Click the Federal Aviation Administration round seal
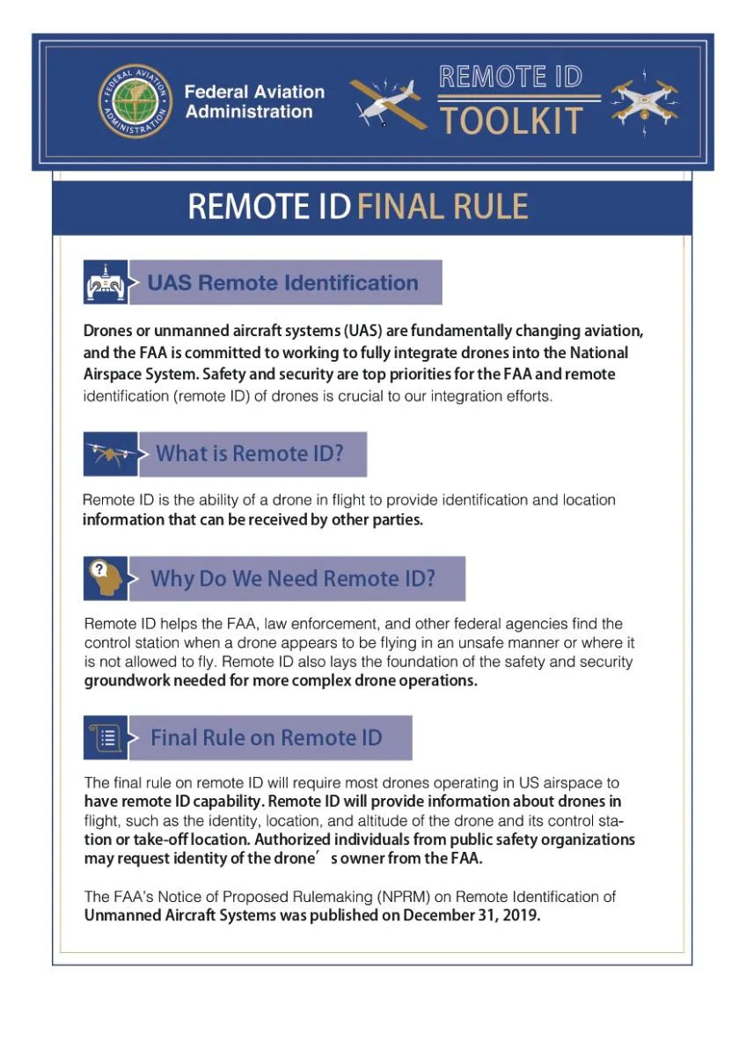[135, 102]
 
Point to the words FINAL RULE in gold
[443, 206]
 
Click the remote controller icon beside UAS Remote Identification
[104, 283]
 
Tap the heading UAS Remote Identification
[282, 283]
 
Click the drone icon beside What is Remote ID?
[110, 453]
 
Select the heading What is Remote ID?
[249, 454]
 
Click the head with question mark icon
[105, 578]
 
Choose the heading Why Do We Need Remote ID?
[293, 579]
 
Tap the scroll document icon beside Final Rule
[106, 737]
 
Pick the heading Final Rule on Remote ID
[267, 737]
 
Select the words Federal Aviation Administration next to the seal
[254, 102]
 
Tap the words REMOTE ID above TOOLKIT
[511, 77]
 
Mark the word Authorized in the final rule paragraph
[296, 839]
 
